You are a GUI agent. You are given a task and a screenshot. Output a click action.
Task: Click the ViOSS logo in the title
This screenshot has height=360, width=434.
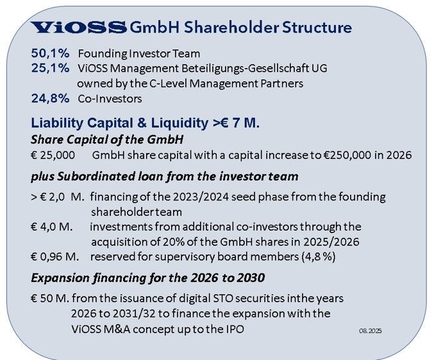click(78, 28)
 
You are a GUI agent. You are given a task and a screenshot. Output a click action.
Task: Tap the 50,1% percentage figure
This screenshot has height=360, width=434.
click(50, 53)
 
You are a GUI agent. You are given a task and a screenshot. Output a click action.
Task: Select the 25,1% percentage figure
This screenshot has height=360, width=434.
click(50, 68)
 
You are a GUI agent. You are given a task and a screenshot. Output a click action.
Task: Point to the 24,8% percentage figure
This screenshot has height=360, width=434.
click(50, 99)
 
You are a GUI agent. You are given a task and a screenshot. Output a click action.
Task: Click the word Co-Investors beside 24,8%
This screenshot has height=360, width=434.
click(110, 99)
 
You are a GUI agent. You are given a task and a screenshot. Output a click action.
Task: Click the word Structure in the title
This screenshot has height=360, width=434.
click(317, 28)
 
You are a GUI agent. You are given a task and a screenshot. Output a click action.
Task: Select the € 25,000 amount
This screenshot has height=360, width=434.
click(53, 155)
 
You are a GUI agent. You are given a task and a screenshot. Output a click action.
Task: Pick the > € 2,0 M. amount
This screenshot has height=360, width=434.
click(58, 197)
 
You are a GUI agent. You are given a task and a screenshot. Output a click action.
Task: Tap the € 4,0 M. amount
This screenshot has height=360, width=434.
click(52, 227)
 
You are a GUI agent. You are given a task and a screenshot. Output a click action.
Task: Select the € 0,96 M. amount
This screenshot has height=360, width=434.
click(54, 257)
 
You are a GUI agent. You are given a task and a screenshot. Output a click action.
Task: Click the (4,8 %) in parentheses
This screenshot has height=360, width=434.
click(319, 257)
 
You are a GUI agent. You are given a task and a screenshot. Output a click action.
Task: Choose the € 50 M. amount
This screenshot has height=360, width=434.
click(50, 299)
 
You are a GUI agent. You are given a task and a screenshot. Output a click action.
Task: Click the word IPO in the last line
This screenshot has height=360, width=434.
click(235, 329)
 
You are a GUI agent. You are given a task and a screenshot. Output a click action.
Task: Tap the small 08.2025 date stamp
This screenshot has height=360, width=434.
click(371, 331)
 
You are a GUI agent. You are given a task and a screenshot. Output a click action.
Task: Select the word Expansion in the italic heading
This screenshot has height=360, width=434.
click(60, 278)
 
